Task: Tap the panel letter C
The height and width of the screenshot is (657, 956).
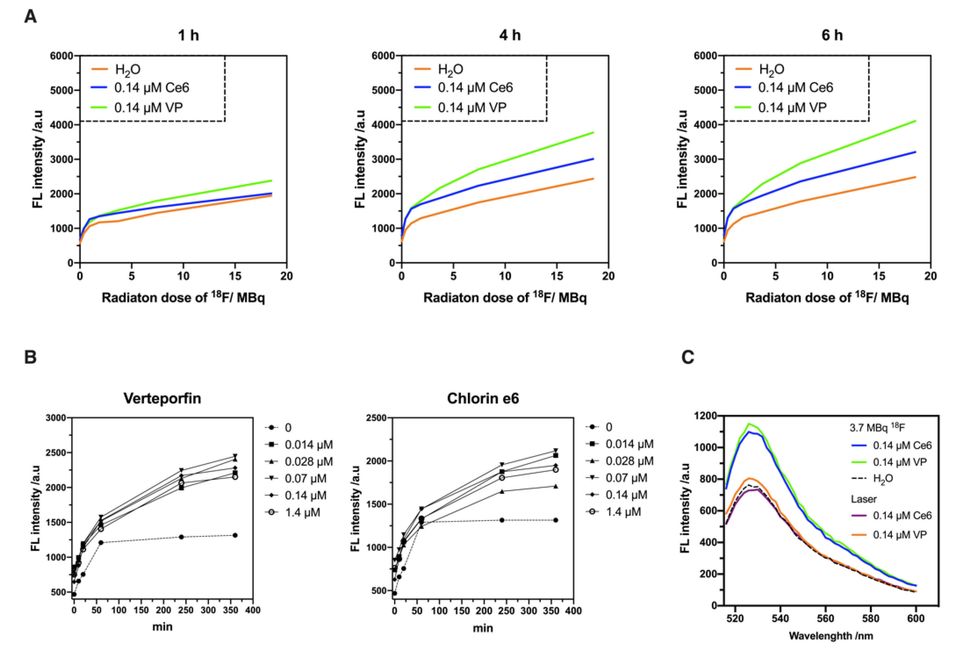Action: (x=688, y=357)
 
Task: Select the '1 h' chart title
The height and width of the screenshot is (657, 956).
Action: (x=188, y=35)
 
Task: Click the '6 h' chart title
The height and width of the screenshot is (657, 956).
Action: (x=832, y=35)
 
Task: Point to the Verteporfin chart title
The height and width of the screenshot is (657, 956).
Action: (x=162, y=399)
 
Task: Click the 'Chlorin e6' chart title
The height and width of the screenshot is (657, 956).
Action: (x=483, y=399)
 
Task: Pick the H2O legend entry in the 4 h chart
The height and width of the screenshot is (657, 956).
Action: (x=450, y=69)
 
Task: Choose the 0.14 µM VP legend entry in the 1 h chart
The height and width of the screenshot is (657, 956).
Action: (x=149, y=108)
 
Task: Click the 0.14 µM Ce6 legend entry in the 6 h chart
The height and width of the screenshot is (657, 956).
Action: (x=795, y=88)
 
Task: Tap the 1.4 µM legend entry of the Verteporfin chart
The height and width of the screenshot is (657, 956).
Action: (x=302, y=513)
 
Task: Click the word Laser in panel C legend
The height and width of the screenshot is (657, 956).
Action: (x=863, y=499)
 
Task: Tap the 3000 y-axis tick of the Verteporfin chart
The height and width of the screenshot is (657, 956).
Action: (x=56, y=418)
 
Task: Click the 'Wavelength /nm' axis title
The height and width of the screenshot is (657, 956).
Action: (x=831, y=636)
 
